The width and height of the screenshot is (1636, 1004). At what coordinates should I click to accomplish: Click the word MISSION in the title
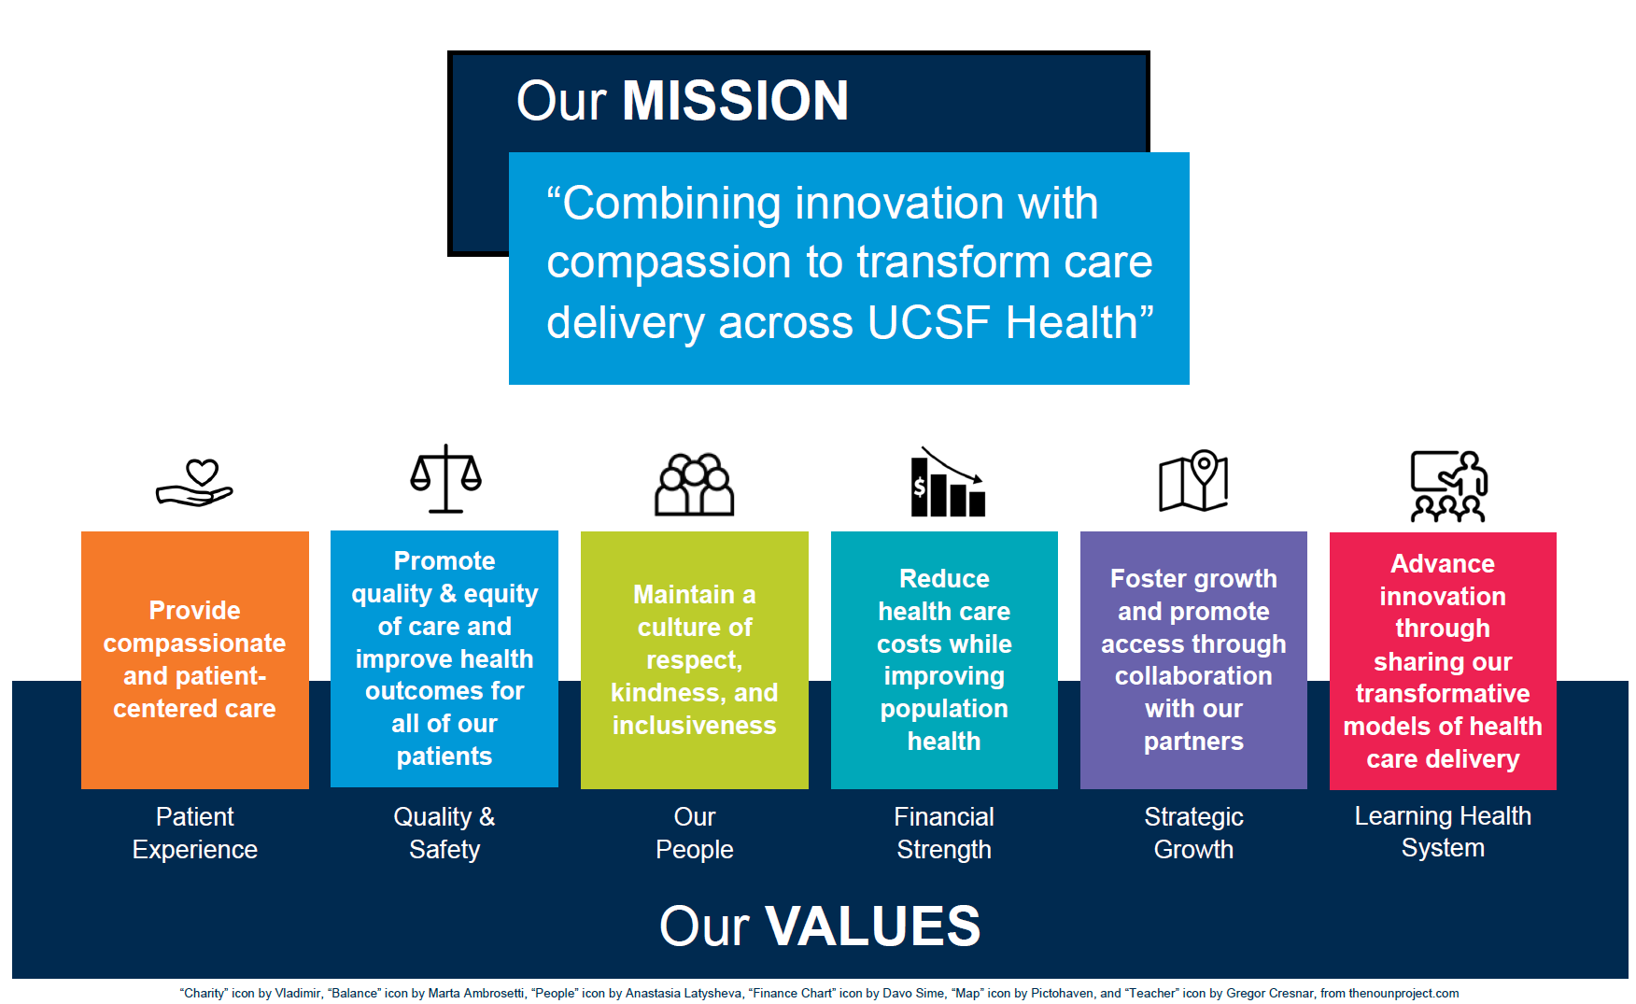pyautogui.click(x=735, y=100)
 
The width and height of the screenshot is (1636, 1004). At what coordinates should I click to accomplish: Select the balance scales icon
pyautogui.click(x=445, y=478)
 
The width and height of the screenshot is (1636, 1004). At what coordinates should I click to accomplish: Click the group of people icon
pyautogui.click(x=694, y=485)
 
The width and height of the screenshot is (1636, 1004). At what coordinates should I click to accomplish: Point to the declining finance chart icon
pyautogui.click(x=948, y=482)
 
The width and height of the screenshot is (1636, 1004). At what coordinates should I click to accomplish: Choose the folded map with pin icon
pyautogui.click(x=1193, y=480)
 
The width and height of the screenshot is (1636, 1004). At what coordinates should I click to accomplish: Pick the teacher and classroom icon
pyautogui.click(x=1448, y=486)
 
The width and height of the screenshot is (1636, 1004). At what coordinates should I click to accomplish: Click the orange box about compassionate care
pyautogui.click(x=195, y=659)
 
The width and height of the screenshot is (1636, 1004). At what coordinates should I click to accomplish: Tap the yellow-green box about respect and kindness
pyautogui.click(x=695, y=659)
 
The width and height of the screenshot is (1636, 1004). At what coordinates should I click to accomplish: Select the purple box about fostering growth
pyautogui.click(x=1193, y=659)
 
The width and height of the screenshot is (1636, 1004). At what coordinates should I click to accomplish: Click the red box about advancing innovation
pyautogui.click(x=1443, y=660)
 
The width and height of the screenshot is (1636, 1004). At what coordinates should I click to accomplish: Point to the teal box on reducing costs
pyautogui.click(x=944, y=659)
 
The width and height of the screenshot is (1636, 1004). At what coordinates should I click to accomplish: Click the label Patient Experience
pyautogui.click(x=195, y=833)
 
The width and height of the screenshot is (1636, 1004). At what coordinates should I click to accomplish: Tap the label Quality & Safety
pyautogui.click(x=444, y=833)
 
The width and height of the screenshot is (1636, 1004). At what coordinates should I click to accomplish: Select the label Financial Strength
pyautogui.click(x=944, y=833)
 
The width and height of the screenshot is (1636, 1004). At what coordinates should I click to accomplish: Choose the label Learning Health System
pyautogui.click(x=1443, y=831)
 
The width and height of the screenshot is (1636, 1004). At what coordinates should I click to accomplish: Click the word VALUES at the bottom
pyautogui.click(x=872, y=926)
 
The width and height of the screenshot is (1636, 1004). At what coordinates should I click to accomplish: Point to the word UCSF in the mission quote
pyautogui.click(x=928, y=323)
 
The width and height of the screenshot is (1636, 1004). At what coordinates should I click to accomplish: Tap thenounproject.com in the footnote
pyautogui.click(x=1403, y=994)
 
